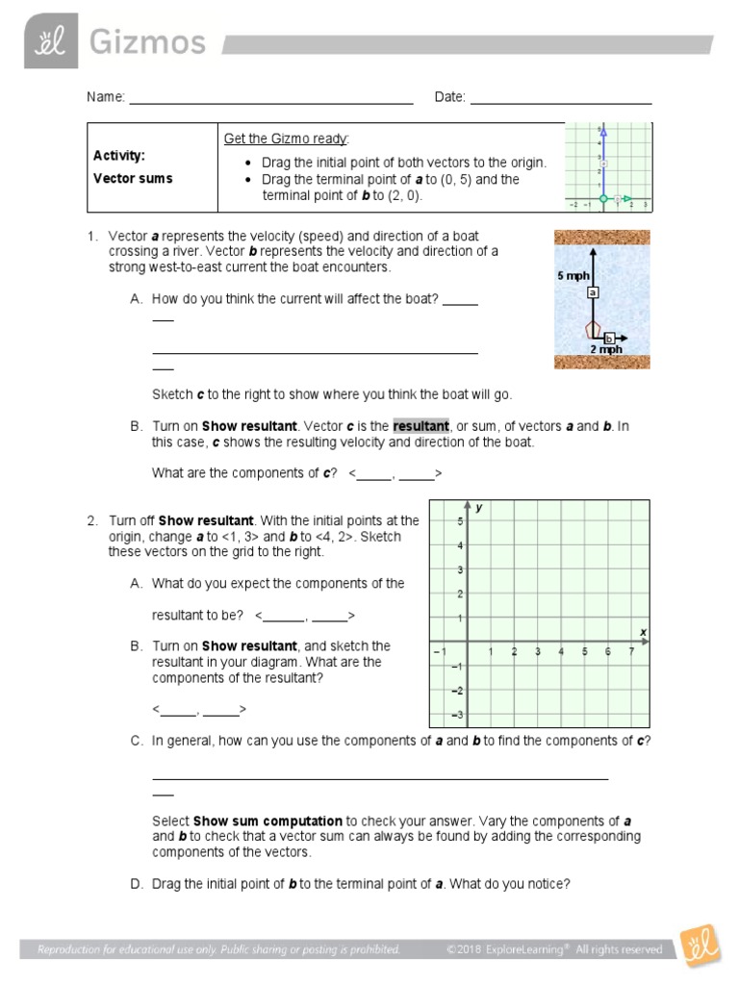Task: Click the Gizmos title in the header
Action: (148, 42)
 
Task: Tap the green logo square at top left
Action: (52, 41)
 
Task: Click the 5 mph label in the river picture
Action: (573, 276)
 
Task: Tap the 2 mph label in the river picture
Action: (606, 350)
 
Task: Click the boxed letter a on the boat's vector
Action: (594, 292)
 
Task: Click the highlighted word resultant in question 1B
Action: (420, 426)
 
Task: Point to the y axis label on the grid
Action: (478, 507)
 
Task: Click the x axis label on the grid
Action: (643, 631)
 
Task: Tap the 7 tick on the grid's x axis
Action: (631, 652)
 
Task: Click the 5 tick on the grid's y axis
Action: (460, 521)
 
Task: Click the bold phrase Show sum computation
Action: (268, 821)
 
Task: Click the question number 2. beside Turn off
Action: (92, 520)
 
